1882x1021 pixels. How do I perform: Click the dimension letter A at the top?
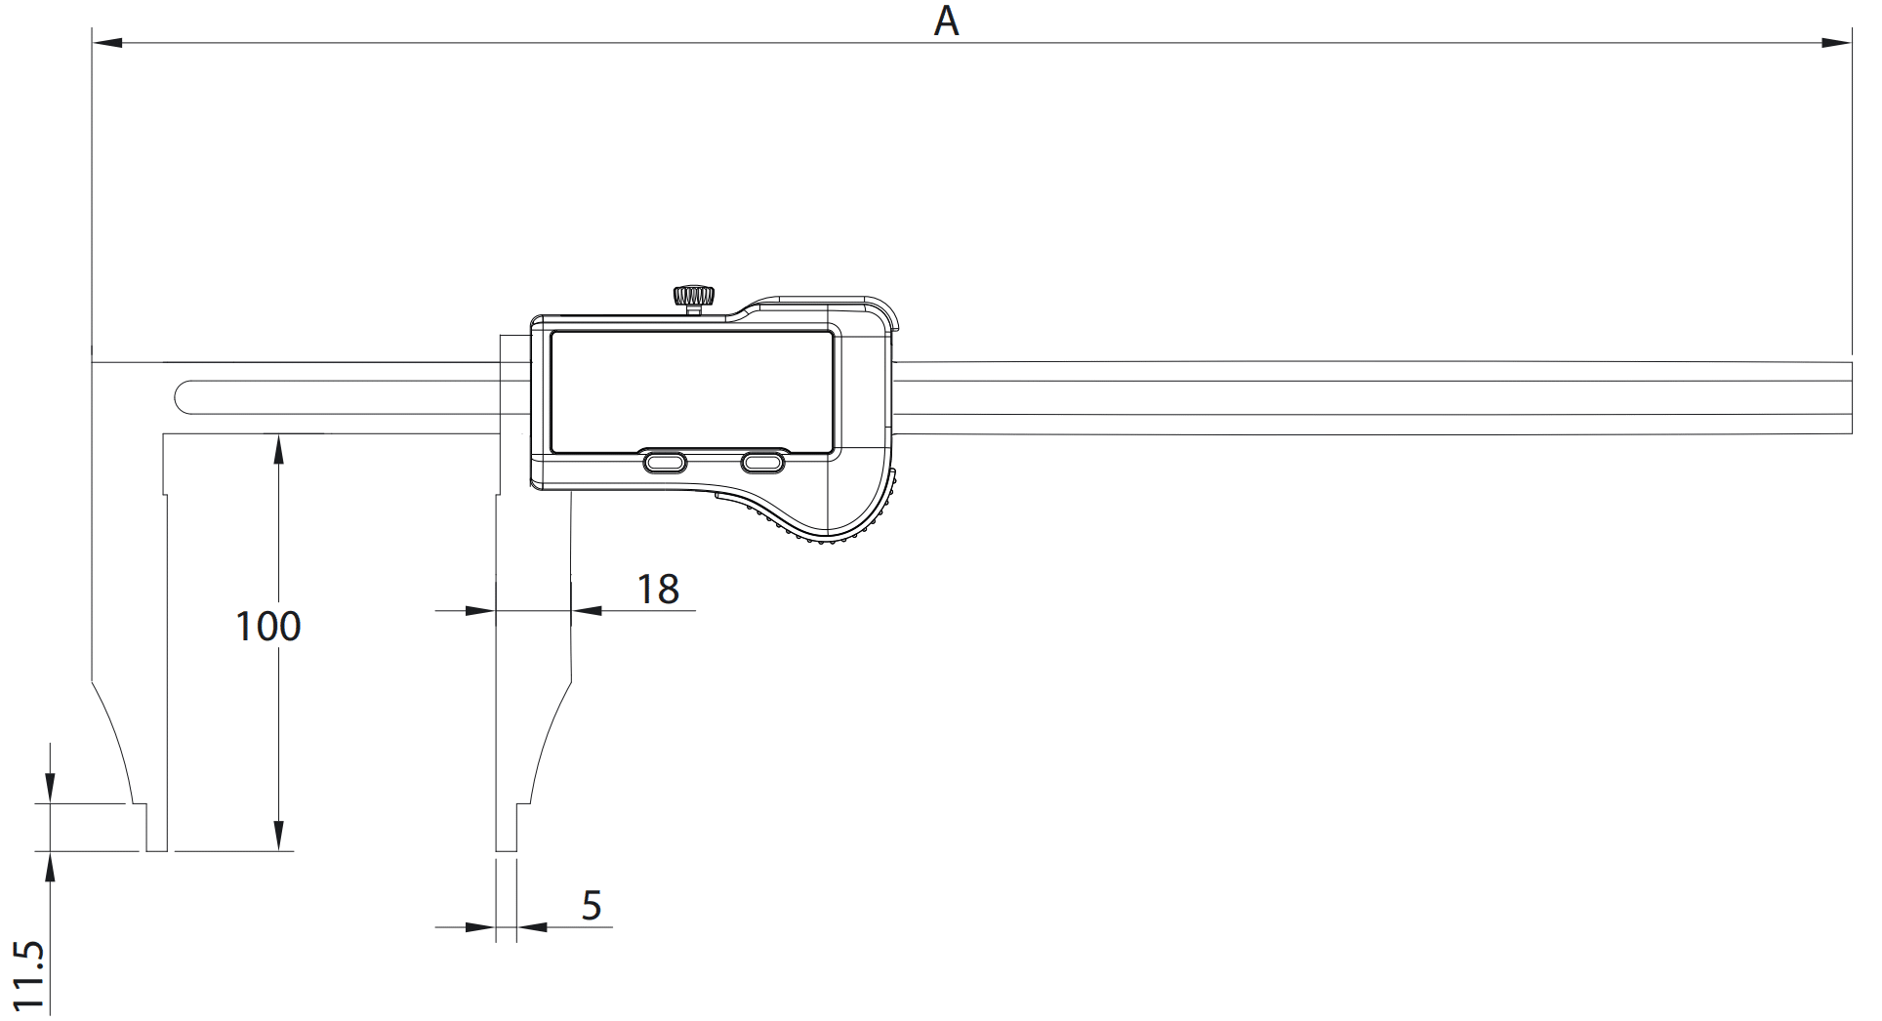946,20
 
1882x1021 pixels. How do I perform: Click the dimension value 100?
268,626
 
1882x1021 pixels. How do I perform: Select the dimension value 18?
658,589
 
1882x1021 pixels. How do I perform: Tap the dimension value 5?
592,906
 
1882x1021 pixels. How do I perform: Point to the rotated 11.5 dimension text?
29,976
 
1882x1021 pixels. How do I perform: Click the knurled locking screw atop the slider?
693,297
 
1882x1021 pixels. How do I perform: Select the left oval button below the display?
664,462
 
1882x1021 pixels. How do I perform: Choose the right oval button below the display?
763,462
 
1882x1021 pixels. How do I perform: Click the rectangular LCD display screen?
691,392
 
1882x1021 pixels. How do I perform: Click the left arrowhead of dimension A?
106,43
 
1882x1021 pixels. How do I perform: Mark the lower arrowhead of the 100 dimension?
278,836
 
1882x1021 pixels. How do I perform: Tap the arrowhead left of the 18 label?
481,611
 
